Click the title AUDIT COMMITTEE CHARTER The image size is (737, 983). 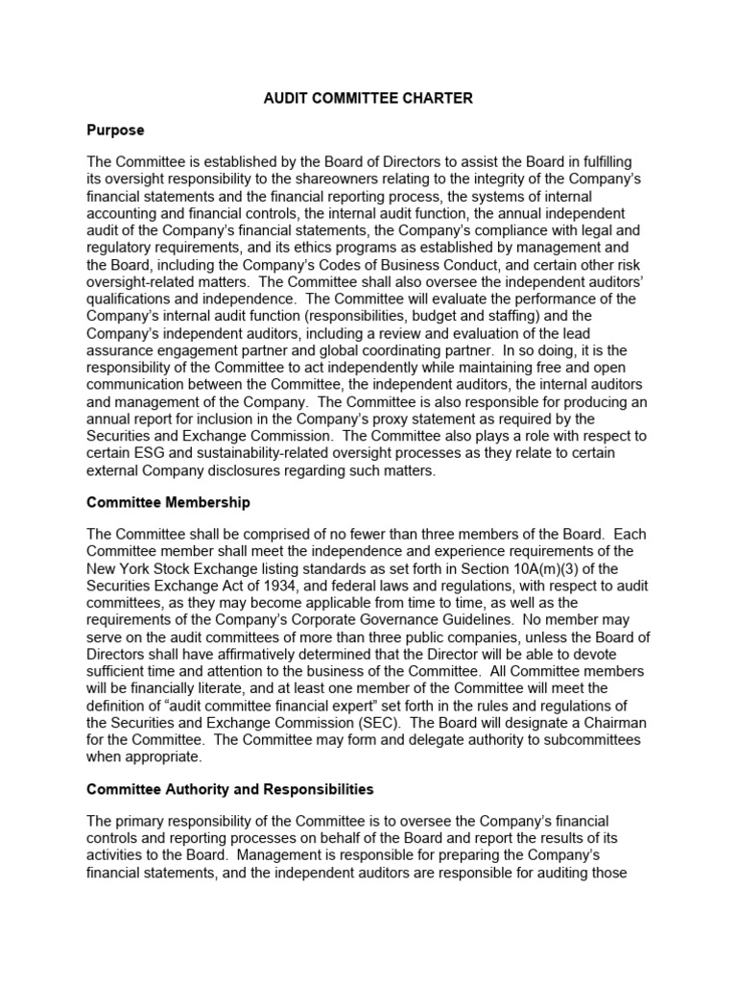(x=368, y=98)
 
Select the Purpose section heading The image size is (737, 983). (x=115, y=129)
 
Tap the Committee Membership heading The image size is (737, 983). (x=168, y=502)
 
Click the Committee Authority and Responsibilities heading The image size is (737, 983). (x=229, y=789)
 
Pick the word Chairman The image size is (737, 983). (x=606, y=723)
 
